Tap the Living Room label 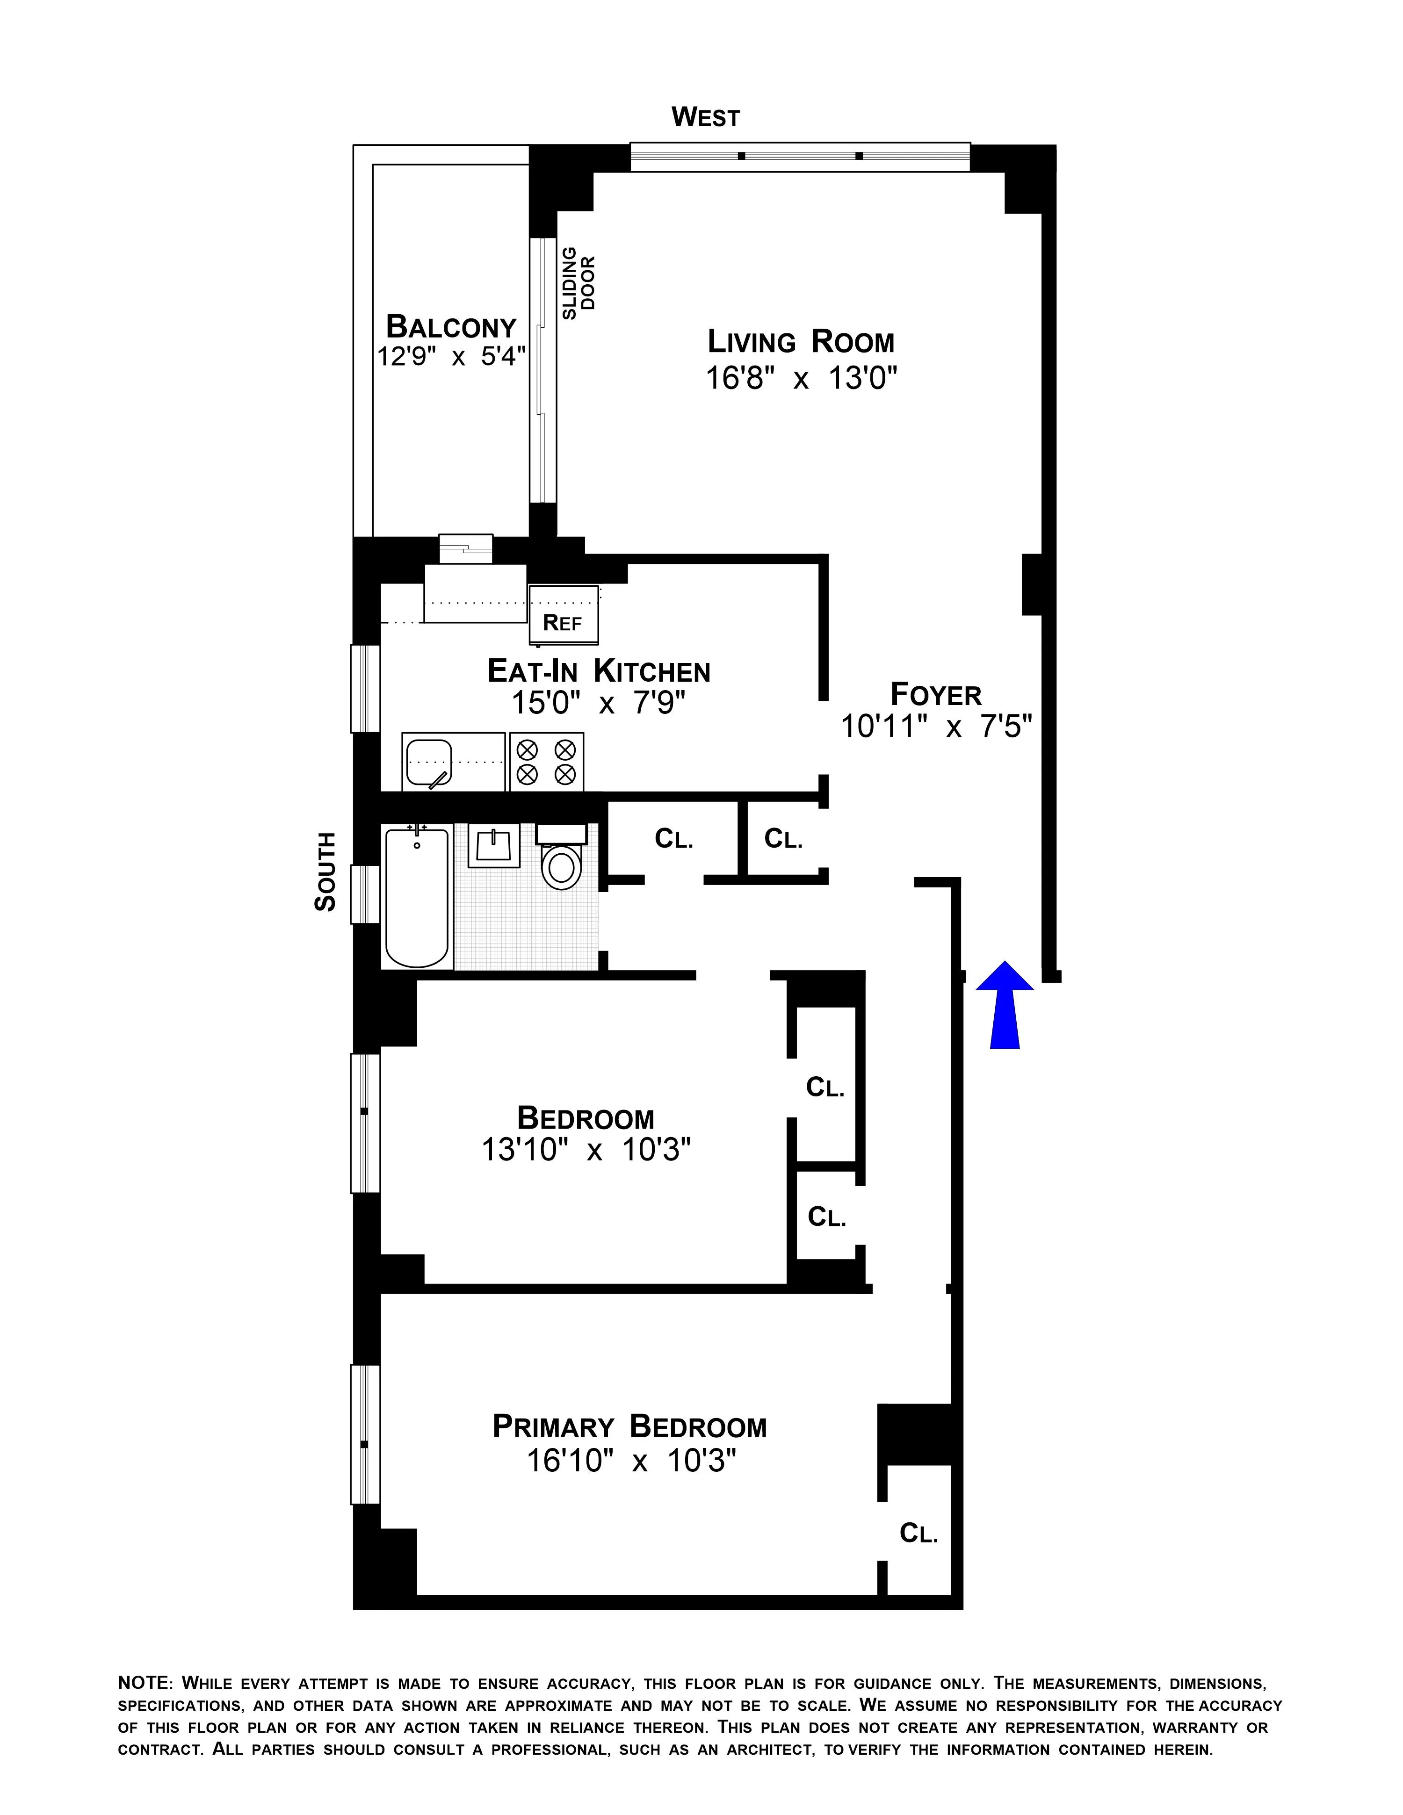[x=800, y=342]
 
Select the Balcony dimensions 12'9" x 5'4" [x=451, y=357]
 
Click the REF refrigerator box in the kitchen [x=564, y=615]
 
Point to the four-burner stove [x=546, y=761]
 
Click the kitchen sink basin [x=429, y=761]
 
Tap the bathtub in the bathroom [x=417, y=898]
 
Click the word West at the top [x=705, y=117]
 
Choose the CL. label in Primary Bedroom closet [x=918, y=1533]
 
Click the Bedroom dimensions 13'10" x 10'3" [x=586, y=1150]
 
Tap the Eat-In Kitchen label [x=599, y=670]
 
